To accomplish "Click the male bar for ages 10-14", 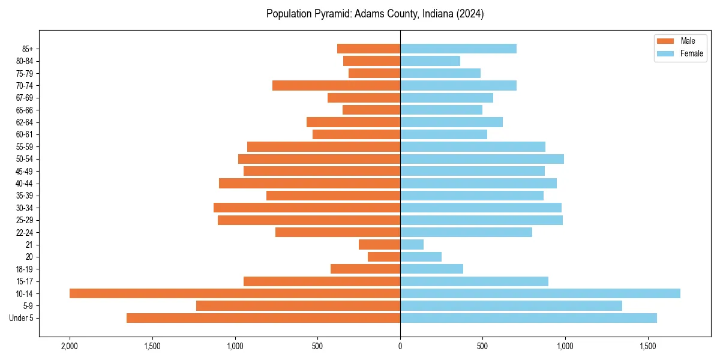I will point(235,293).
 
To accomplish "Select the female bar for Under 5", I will point(529,318).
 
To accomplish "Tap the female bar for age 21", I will point(412,244).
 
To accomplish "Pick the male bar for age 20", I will point(384,257).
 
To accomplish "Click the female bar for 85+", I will point(458,49).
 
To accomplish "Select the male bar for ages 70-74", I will point(336,85).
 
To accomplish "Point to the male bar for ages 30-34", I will point(307,208).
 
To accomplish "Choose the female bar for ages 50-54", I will point(482,159).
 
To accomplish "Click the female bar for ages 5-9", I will point(511,305).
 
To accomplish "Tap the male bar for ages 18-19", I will point(365,269).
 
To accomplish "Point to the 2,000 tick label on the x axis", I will point(70,346).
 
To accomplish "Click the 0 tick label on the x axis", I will point(400,346).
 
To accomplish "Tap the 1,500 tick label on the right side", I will point(647,346).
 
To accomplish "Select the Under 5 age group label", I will point(21,318).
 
